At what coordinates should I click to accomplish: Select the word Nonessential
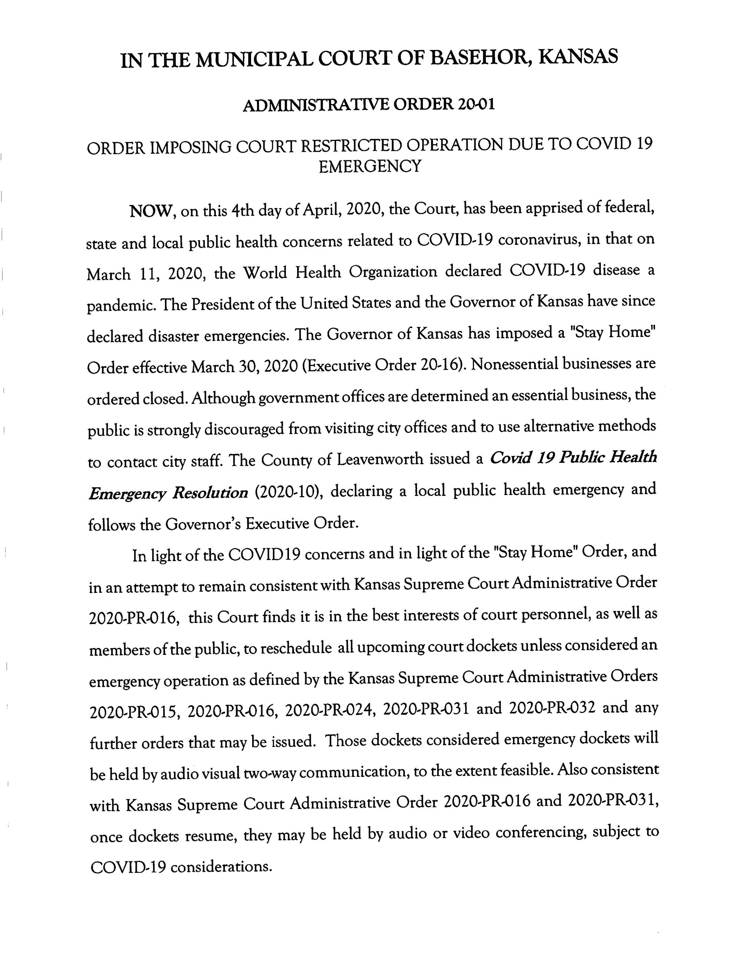pos(517,364)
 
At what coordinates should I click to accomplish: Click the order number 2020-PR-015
pos(135,712)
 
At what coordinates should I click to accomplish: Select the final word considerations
pos(220,867)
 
